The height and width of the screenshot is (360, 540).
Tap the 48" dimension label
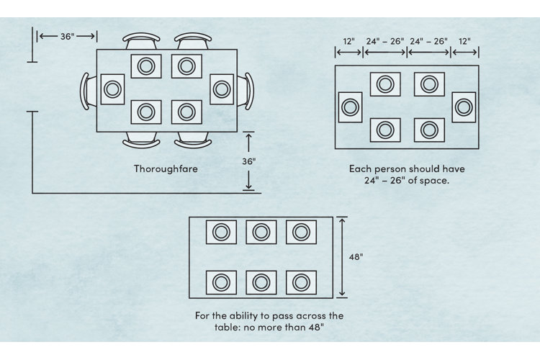pyautogui.click(x=356, y=256)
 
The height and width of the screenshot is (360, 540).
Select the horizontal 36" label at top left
pyautogui.click(x=66, y=35)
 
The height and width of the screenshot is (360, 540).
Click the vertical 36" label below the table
pyautogui.click(x=248, y=162)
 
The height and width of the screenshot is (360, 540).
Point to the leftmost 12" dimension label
pyautogui.click(x=348, y=42)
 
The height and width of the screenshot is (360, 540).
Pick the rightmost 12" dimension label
pyautogui.click(x=465, y=42)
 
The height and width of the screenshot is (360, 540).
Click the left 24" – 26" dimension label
pyautogui.click(x=384, y=42)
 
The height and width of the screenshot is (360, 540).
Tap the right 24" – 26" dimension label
pyautogui.click(x=429, y=42)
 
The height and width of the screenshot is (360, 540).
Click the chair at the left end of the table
pyautogui.click(x=86, y=90)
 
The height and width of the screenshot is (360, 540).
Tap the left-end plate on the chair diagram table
pyautogui.click(x=112, y=89)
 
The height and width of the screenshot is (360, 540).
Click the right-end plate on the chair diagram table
pyautogui.click(x=221, y=89)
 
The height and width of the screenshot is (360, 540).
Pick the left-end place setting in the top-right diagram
pyautogui.click(x=350, y=107)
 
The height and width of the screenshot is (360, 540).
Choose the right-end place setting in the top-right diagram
pyautogui.click(x=464, y=107)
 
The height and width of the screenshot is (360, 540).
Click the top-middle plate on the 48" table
pyautogui.click(x=261, y=232)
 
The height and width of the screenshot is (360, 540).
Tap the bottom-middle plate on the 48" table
pyautogui.click(x=261, y=282)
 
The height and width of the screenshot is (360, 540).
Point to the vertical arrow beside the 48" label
pyautogui.click(x=342, y=257)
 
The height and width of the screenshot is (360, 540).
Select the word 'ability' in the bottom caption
pyautogui.click(x=247, y=316)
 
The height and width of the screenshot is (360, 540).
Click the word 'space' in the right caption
pyautogui.click(x=433, y=181)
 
